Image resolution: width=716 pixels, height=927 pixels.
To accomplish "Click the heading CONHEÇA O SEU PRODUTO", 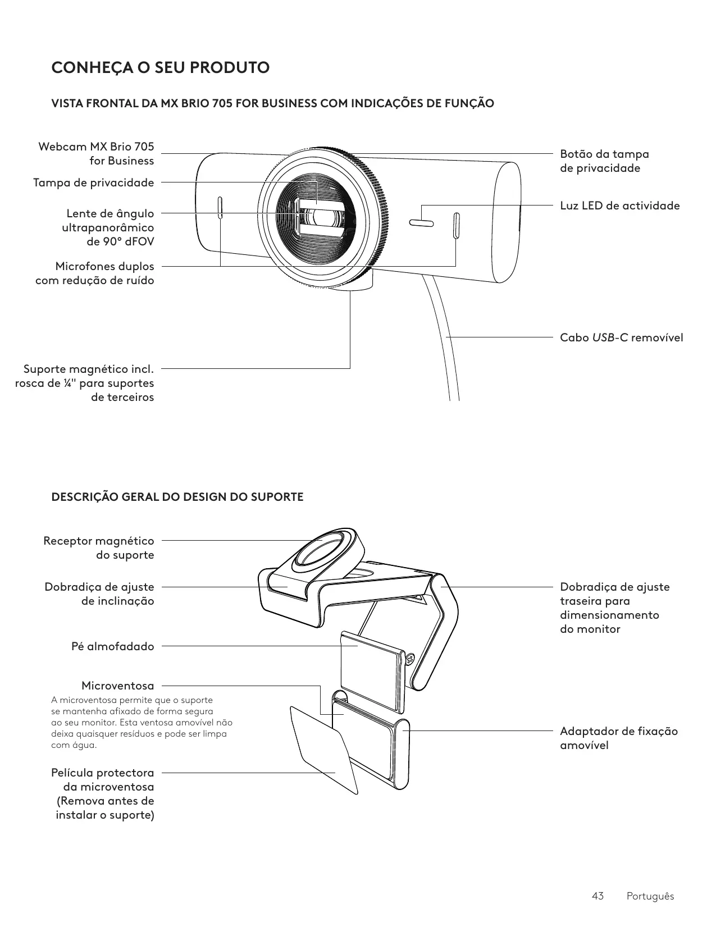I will coord(160,68).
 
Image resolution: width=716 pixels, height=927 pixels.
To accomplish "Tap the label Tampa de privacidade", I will coord(93,182).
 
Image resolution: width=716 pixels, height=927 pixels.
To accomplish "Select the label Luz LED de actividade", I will coord(619,206).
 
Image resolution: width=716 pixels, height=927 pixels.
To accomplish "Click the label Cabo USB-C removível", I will coord(621,337).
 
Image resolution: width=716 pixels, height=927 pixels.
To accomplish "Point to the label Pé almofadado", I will coord(112,646).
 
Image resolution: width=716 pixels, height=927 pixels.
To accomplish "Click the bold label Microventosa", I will coord(117,686).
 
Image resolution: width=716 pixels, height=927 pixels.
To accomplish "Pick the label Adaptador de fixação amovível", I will coord(618,738).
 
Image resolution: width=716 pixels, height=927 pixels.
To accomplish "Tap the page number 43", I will coord(598,896).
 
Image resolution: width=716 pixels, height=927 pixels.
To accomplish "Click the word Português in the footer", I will coord(650,896).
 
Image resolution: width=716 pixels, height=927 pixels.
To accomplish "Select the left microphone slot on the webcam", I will coord(220,208).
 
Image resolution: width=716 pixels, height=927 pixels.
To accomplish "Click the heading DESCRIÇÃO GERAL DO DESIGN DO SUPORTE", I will coord(177,497).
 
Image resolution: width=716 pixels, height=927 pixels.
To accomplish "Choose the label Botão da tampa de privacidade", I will coord(604,161).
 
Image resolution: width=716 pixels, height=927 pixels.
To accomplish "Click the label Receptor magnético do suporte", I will coord(98,547).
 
